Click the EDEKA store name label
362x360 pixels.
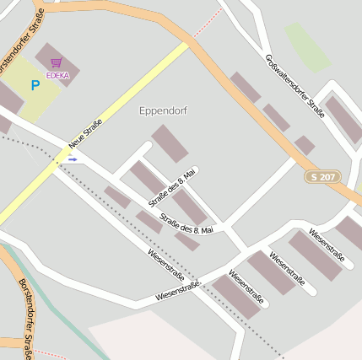click(57, 75)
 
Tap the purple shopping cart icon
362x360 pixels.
click(56, 63)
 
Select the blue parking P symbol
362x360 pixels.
click(35, 85)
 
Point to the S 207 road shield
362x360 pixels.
click(323, 177)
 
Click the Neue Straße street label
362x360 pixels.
click(86, 135)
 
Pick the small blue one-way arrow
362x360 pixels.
click(73, 159)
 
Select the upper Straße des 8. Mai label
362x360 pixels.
click(172, 187)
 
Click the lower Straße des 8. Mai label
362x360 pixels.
click(186, 224)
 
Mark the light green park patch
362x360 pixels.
click(307, 47)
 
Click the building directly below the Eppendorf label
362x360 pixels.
click(170, 143)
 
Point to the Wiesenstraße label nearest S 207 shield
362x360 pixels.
click(326, 242)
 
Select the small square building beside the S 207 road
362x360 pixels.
click(305, 145)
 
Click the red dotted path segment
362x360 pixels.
click(208, 23)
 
